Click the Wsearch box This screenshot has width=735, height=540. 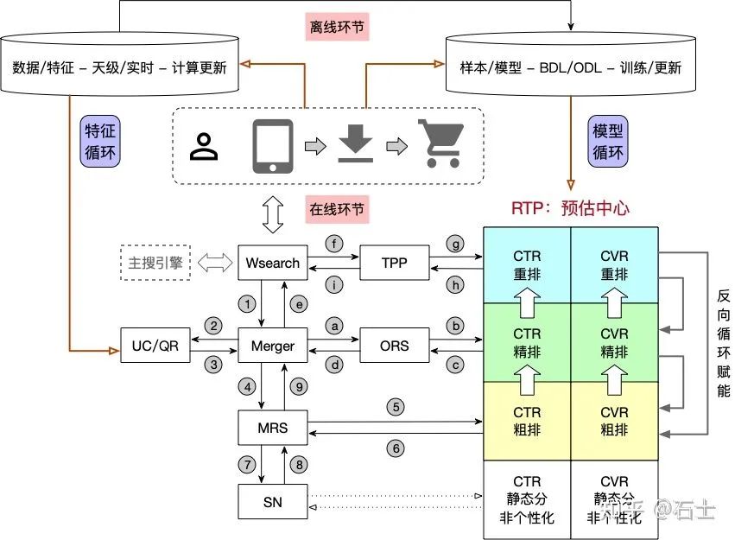click(273, 263)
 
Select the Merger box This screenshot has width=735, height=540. click(273, 346)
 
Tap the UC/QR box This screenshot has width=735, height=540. click(155, 346)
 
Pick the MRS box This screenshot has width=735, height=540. click(273, 427)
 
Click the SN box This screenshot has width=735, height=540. click(273, 501)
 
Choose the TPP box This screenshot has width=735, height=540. click(394, 263)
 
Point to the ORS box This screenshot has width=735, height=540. click(394, 346)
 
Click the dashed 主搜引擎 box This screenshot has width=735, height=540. click(155, 263)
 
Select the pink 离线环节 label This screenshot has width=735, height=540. click(338, 27)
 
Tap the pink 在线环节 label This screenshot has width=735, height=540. click(338, 208)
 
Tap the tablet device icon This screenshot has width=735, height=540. click(273, 145)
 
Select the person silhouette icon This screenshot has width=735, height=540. click(205, 146)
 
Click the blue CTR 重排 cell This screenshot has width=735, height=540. click(527, 264)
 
